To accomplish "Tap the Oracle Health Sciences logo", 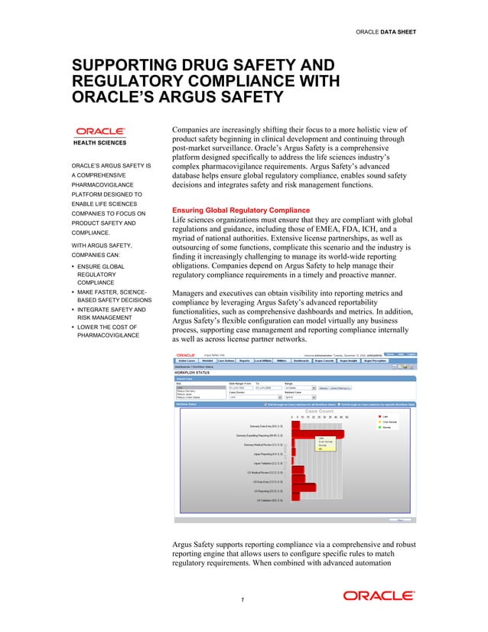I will (99, 135).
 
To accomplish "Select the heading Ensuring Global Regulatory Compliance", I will (241, 210).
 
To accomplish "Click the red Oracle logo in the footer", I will (379, 595).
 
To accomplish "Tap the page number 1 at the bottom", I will (242, 599).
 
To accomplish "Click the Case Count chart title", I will (319, 411).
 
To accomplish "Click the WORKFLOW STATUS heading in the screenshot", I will (194, 373).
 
